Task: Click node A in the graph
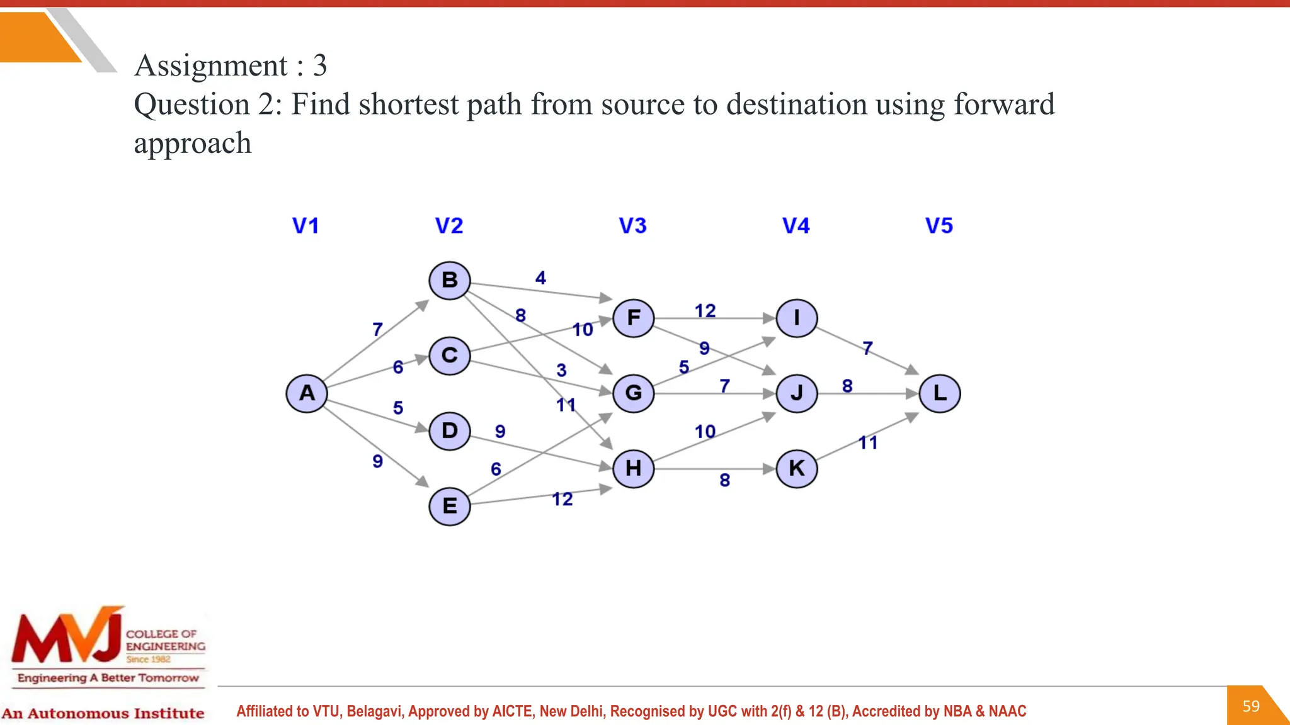(x=307, y=393)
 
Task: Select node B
(x=450, y=280)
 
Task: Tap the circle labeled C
(x=450, y=356)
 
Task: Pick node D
(x=450, y=431)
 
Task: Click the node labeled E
(x=450, y=507)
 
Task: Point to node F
(x=634, y=318)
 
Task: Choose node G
(x=634, y=393)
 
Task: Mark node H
(x=634, y=469)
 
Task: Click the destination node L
(x=940, y=393)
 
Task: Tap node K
(x=797, y=469)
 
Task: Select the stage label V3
(x=632, y=226)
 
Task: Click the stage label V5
(x=939, y=226)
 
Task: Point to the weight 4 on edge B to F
(x=540, y=278)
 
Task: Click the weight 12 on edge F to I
(x=705, y=311)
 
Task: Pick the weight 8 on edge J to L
(x=847, y=386)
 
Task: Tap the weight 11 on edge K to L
(x=868, y=443)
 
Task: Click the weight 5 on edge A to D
(x=398, y=408)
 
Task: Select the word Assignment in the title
(x=211, y=65)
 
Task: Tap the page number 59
(x=1251, y=706)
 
